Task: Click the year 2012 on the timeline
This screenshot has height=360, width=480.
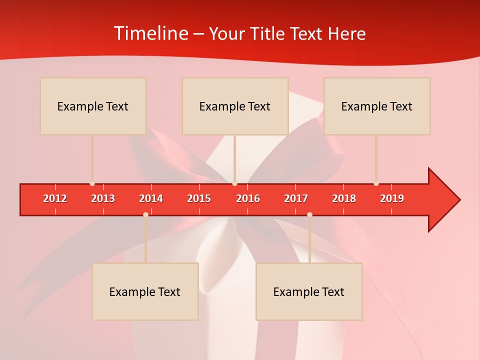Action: tap(55, 198)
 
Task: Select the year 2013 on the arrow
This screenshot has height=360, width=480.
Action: tap(103, 198)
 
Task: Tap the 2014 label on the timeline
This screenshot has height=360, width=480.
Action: tap(151, 198)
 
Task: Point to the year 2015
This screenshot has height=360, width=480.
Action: tap(199, 198)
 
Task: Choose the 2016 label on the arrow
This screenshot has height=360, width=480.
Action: tap(248, 198)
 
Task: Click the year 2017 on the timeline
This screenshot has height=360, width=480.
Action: tap(296, 198)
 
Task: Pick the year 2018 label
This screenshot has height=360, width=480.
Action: tap(344, 198)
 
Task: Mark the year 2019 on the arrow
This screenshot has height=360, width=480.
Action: tap(392, 198)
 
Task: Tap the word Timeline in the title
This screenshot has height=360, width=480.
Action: tap(150, 33)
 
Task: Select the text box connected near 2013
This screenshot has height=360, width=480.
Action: tap(93, 106)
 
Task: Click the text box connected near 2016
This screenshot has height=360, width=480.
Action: tap(235, 106)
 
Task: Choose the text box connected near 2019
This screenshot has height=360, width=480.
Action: tap(377, 106)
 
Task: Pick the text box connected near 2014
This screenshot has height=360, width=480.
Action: tap(145, 291)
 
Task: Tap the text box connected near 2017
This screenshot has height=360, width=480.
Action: tap(309, 291)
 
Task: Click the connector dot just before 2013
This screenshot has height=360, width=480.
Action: tap(92, 183)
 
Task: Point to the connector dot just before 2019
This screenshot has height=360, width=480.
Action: tap(376, 183)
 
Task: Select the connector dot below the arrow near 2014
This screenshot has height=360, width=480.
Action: tap(145, 214)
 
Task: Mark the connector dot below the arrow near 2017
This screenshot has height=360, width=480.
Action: tap(309, 214)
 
